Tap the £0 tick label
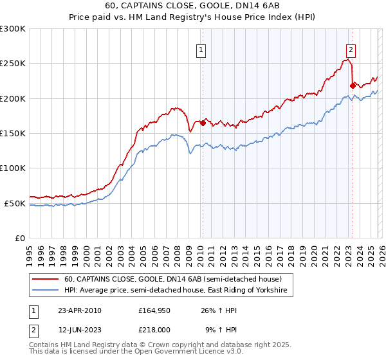tap(19, 238)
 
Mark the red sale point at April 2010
tap(203, 122)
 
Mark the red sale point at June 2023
tap(352, 85)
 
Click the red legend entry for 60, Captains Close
tap(172, 280)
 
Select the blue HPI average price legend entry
tap(177, 291)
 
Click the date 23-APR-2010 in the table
tap(79, 310)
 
